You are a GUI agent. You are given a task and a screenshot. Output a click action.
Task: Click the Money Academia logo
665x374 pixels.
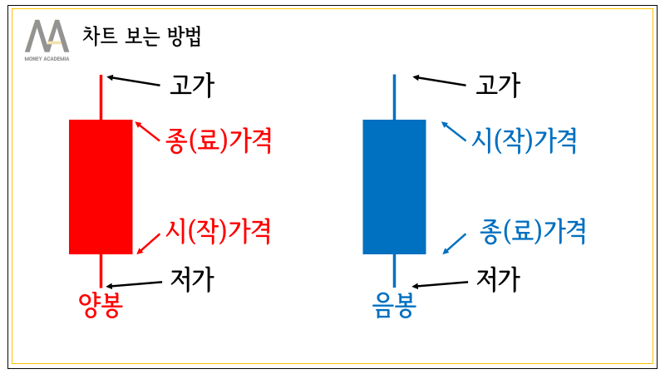47,39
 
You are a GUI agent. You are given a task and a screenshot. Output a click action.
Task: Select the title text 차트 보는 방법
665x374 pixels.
141,37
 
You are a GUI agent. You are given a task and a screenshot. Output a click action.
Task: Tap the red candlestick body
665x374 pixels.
101,186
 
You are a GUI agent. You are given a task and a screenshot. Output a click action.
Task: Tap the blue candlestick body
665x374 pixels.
394,186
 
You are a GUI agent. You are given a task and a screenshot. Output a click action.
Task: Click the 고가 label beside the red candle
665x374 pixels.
192,85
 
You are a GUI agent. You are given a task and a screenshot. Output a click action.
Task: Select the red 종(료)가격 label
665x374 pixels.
218,140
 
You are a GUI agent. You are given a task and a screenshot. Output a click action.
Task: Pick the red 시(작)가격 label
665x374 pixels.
218,230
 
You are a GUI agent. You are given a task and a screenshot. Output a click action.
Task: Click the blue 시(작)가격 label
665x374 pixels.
524,140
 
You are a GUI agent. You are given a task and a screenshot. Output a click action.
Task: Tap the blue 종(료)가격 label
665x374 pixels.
533,230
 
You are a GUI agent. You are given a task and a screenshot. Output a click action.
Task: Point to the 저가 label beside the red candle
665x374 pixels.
192,279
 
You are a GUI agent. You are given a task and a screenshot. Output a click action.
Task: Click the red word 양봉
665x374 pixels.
100,306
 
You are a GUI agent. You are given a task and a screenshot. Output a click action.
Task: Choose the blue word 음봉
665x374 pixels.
394,306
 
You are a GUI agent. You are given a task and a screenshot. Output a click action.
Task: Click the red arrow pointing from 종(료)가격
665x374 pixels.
147,133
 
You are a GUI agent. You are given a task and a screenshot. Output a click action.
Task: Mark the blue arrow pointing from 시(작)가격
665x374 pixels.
454,133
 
